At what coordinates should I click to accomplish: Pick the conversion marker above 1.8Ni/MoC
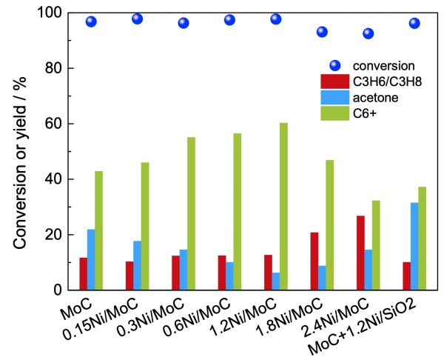(x=322, y=32)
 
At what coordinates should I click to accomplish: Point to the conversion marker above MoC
(x=91, y=21)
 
